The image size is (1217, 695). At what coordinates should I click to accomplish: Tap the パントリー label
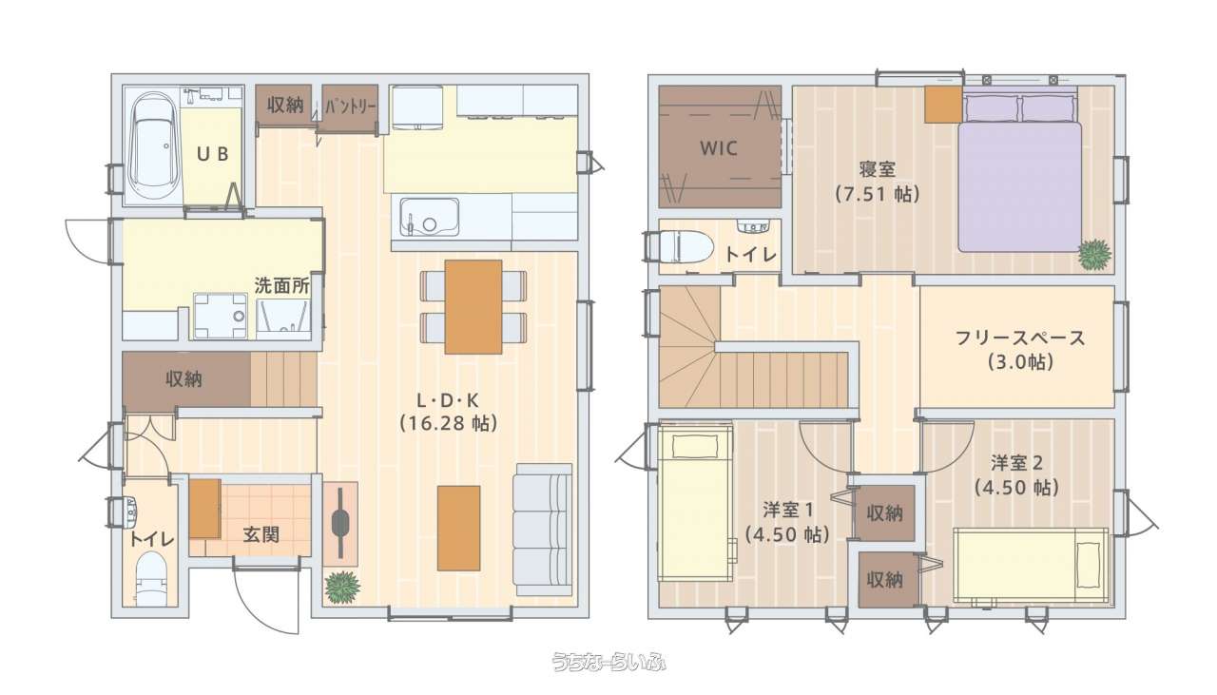pyautogui.click(x=351, y=106)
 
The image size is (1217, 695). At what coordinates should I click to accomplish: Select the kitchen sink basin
pyautogui.click(x=429, y=217)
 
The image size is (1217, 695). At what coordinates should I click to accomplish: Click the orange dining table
pyautogui.click(x=473, y=307)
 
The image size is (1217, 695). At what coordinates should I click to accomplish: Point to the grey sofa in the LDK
pyautogui.click(x=543, y=530)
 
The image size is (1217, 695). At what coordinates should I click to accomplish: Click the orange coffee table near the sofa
pyautogui.click(x=458, y=529)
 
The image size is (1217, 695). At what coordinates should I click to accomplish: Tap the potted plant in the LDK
pyautogui.click(x=342, y=587)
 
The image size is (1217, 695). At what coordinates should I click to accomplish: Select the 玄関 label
pyautogui.click(x=261, y=534)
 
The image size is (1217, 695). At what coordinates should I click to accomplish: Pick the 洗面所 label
pyautogui.click(x=282, y=286)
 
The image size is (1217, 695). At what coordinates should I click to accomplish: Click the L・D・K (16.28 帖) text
pyautogui.click(x=448, y=413)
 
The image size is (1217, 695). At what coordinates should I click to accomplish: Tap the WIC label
pyautogui.click(x=718, y=147)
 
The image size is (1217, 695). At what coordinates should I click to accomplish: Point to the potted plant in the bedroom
pyautogui.click(x=1094, y=254)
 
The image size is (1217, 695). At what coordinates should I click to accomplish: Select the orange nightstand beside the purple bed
pyautogui.click(x=944, y=104)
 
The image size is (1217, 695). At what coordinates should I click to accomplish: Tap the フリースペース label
pyautogui.click(x=1020, y=338)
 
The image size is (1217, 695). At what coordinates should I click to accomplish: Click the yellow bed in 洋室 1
pyautogui.click(x=695, y=504)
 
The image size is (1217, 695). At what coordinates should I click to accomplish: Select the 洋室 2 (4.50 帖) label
pyautogui.click(x=1016, y=476)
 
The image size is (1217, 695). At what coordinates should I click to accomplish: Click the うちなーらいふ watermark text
pyautogui.click(x=609, y=662)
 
